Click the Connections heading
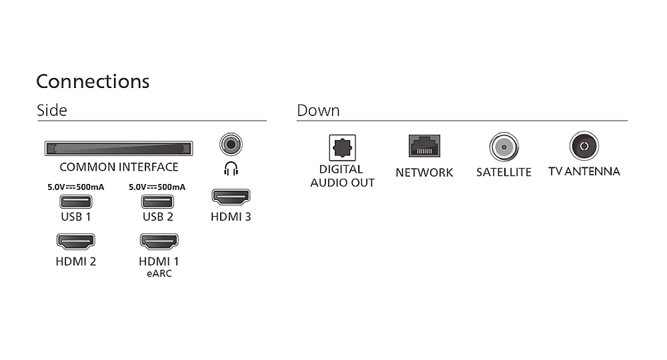tap(93, 81)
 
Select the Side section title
tap(52, 111)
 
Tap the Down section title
tap(318, 111)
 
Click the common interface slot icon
tap(118, 148)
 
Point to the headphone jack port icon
tap(231, 144)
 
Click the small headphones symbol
tap(231, 169)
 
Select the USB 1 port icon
tap(75, 201)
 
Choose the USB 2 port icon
tap(157, 201)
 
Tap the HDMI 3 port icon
tap(231, 197)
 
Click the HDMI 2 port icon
tap(75, 241)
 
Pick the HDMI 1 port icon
tap(159, 241)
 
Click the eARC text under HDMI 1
tap(159, 273)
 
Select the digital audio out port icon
tap(342, 147)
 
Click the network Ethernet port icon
tap(424, 146)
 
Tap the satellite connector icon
tap(504, 146)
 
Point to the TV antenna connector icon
tap(584, 146)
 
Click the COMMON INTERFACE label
tap(119, 167)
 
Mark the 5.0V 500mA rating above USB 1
tap(75, 187)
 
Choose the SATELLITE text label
tap(504, 172)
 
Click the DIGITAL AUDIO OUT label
tap(342, 176)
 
